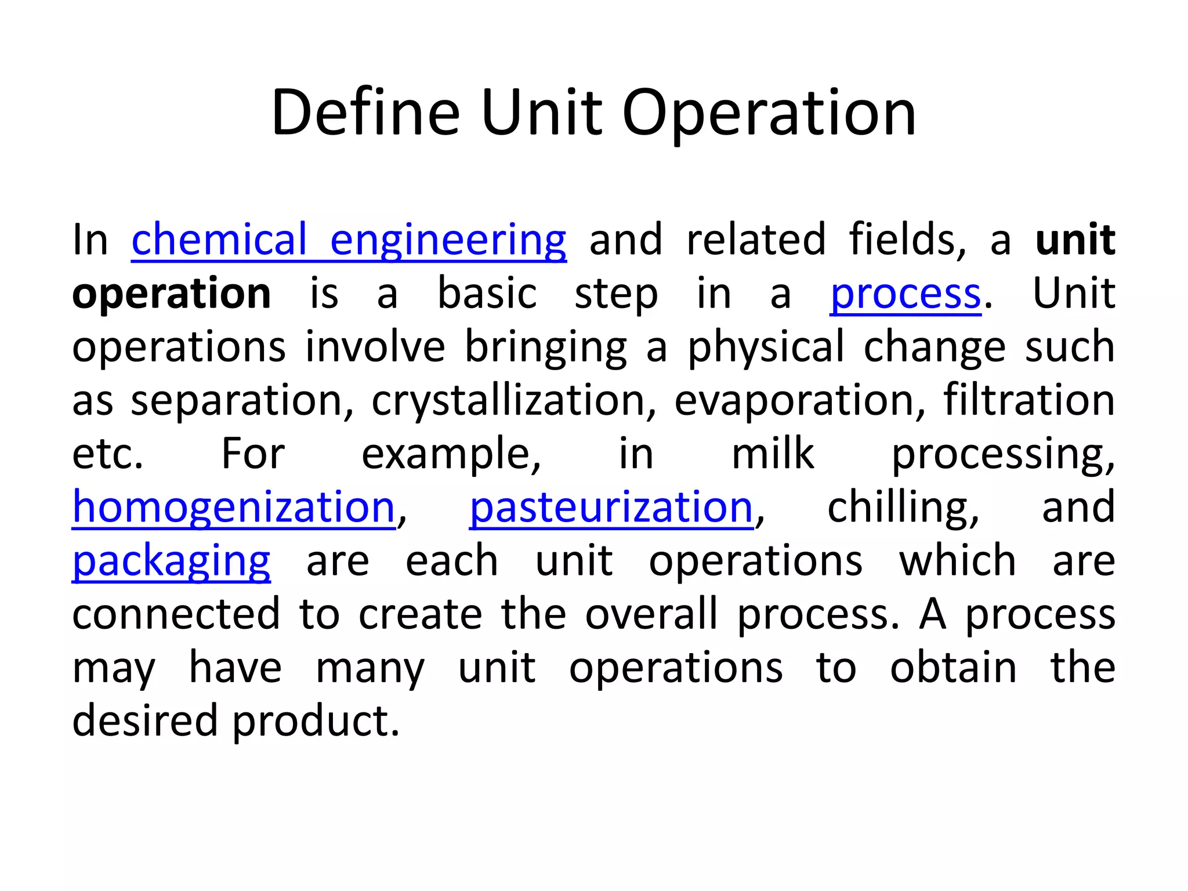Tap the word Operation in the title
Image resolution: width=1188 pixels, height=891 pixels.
click(769, 114)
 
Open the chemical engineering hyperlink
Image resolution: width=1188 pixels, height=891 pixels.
click(349, 240)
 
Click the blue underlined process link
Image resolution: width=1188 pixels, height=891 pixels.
click(906, 294)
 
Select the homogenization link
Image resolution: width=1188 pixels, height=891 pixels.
click(234, 507)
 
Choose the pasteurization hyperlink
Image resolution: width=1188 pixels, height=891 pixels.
click(611, 507)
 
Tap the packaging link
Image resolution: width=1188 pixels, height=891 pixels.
click(171, 562)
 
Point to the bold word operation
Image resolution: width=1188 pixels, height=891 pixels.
click(172, 294)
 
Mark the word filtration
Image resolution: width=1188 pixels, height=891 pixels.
click(1028, 400)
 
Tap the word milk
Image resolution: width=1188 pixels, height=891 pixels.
click(773, 454)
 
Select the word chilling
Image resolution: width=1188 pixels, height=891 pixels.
click(903, 507)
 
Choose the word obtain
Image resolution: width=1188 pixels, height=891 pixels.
click(953, 667)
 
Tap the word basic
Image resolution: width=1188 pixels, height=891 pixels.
click(487, 294)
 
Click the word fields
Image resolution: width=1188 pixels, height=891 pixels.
click(907, 240)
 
